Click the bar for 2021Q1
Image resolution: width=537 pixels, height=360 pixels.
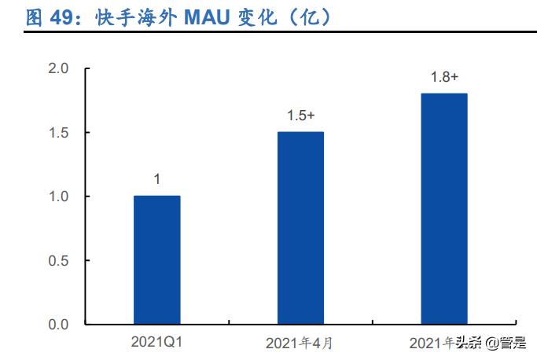pos(156,259)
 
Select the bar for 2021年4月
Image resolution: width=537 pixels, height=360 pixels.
pos(300,227)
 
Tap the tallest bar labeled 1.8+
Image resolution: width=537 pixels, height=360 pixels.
pos(443,208)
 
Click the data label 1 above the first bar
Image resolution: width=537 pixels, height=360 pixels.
pos(156,179)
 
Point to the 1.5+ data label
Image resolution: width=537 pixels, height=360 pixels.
pos(300,116)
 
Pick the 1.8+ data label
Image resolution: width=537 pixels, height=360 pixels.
pos(443,77)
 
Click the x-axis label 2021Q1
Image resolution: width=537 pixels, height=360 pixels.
pos(156,342)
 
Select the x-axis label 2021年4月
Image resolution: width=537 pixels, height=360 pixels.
pos(300,343)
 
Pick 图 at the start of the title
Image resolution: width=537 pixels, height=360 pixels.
pos(35,19)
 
